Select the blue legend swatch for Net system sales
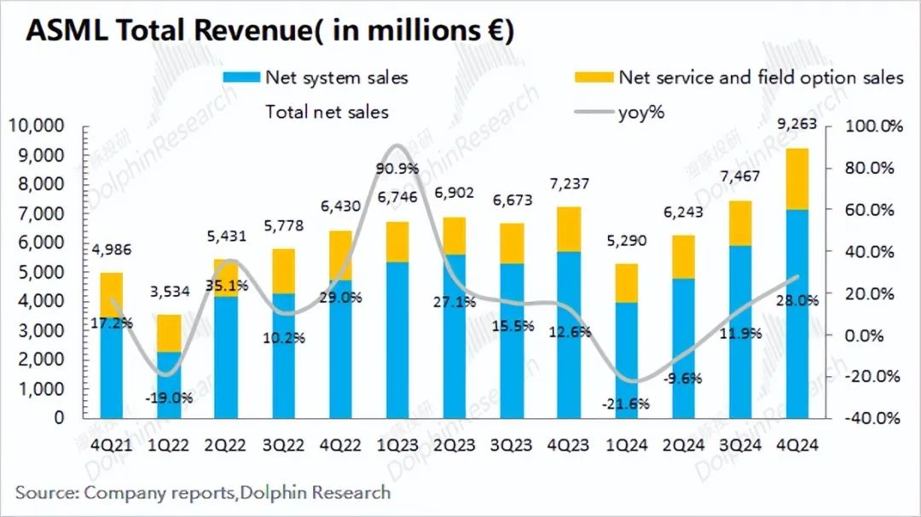240,78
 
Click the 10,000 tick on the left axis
37,126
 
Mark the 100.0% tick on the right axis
872,126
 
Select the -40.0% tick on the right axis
872,419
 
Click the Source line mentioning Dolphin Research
203,492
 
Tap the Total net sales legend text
327,112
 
